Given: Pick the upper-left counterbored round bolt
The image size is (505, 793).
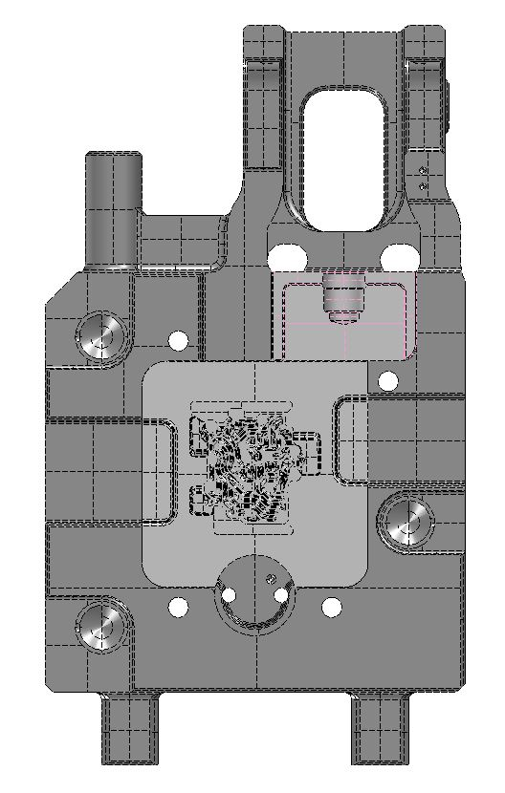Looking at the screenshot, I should tap(101, 334).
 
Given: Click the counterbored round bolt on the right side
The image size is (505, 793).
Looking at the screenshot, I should tap(406, 521).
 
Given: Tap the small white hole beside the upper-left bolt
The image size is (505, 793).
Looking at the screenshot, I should tap(178, 340).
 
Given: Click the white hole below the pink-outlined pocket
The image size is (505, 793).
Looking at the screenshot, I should tap(387, 381).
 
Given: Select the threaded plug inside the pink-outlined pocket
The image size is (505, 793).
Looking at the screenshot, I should tap(344, 298).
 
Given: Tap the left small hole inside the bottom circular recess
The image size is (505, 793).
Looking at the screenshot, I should tap(229, 596).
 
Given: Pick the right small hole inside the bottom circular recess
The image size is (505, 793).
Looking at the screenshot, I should tap(281, 596).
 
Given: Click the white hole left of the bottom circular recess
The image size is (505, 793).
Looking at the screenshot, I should tap(178, 606).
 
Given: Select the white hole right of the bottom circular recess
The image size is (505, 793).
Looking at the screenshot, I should tap(331, 606).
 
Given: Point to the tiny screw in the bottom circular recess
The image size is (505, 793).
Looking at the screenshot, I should tap(271, 578).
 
